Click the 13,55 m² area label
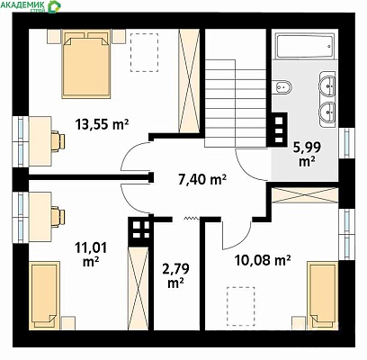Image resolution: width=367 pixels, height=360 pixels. click(102, 124)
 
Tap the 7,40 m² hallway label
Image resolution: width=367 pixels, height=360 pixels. click(202, 180)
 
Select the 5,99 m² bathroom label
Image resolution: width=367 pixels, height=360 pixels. click(307, 155)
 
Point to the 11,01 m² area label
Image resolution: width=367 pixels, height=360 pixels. click(91, 255)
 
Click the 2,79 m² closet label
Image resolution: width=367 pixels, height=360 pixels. click(175, 276)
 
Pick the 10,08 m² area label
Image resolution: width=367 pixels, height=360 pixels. click(263, 260)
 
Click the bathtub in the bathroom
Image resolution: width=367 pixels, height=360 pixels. click(305, 47)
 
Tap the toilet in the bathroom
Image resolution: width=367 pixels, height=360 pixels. click(282, 87)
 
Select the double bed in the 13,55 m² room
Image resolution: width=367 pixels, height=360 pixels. click(86, 64)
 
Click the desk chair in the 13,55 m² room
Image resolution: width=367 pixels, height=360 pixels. click(58, 140)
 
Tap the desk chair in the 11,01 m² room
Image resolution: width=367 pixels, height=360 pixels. click(58, 215)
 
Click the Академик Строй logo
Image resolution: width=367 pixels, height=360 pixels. click(31, 6)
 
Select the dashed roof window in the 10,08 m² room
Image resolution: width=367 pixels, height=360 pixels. click(241, 306)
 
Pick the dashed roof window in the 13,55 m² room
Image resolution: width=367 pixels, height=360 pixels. click(145, 52)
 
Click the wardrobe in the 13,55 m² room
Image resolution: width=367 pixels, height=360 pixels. click(189, 80)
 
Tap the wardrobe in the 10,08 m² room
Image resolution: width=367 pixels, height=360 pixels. click(305, 195)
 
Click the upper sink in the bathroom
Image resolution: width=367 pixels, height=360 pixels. click(327, 85)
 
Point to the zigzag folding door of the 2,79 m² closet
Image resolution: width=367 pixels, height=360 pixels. click(192, 218)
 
